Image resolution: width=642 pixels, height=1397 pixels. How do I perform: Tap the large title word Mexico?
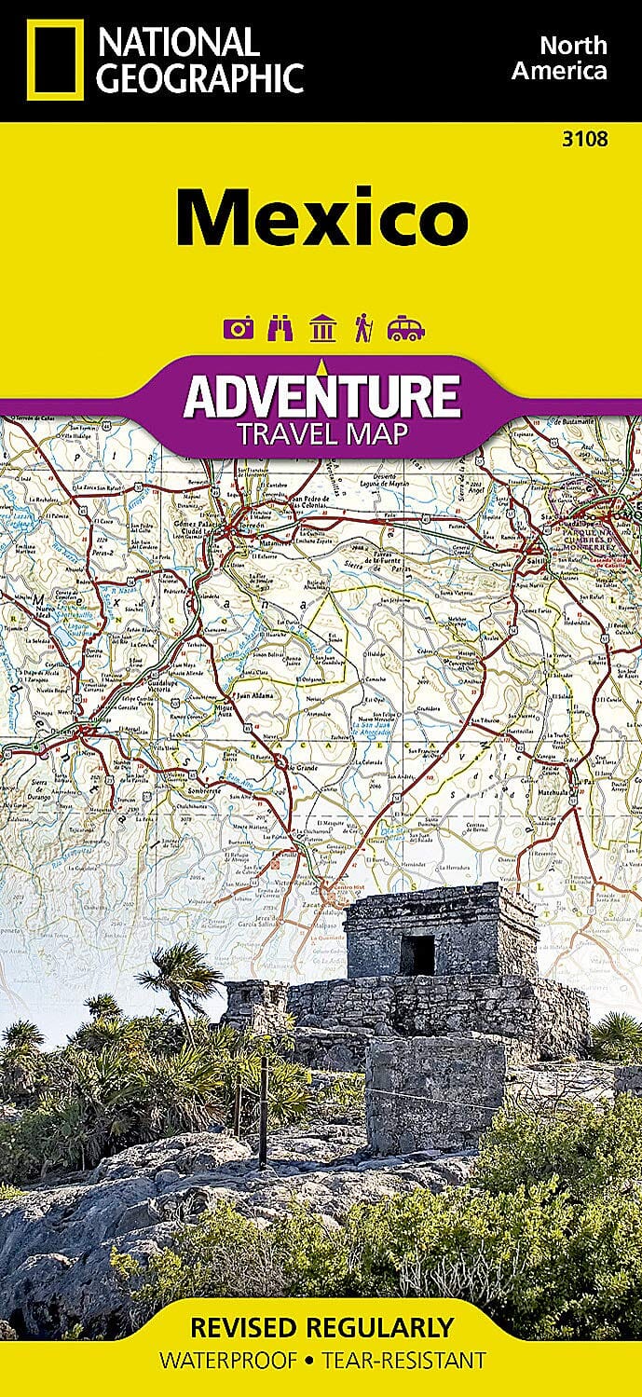click(321, 217)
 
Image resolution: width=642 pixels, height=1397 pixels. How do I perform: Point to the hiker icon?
click(362, 328)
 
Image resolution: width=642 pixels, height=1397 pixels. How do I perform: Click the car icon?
click(406, 328)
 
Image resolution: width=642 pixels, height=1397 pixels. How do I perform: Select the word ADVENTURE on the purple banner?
click(321, 396)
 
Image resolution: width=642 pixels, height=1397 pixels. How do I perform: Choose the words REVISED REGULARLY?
click(321, 1327)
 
